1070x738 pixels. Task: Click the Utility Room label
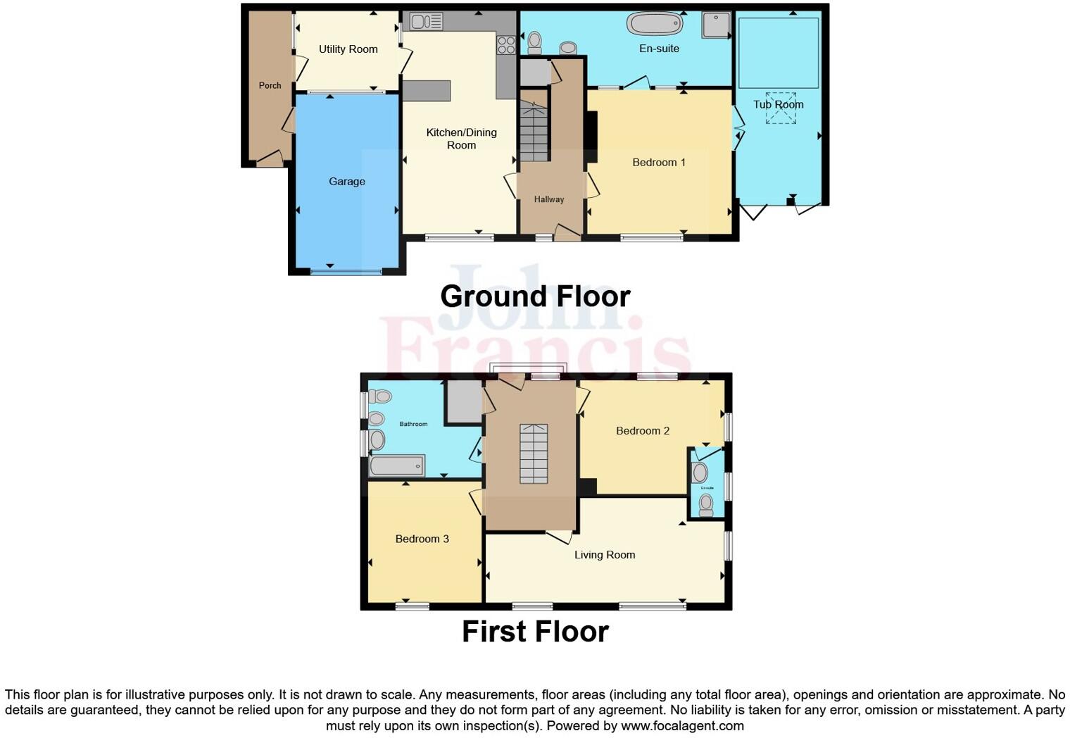point(348,49)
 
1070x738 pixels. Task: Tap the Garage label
point(347,182)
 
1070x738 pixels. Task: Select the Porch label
point(270,85)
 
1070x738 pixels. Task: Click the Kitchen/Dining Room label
point(461,139)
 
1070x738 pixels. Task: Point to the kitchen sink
point(425,22)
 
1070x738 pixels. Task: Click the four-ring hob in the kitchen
point(506,45)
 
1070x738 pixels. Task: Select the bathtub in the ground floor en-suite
point(655,24)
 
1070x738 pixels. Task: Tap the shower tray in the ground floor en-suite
point(716,25)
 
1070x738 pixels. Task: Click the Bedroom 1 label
point(658,163)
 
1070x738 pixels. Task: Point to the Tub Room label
point(778,104)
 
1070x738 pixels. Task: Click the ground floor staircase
point(534,132)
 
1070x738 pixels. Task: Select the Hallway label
point(548,199)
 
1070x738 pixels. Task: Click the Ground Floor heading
point(535,296)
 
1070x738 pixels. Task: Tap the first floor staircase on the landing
point(534,454)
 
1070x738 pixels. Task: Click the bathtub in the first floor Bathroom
point(397,465)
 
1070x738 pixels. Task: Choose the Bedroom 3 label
point(422,539)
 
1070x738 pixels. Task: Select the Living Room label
point(604,555)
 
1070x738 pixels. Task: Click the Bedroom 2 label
point(642,431)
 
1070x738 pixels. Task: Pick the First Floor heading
point(535,632)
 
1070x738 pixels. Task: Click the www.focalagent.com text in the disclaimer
point(682,725)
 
